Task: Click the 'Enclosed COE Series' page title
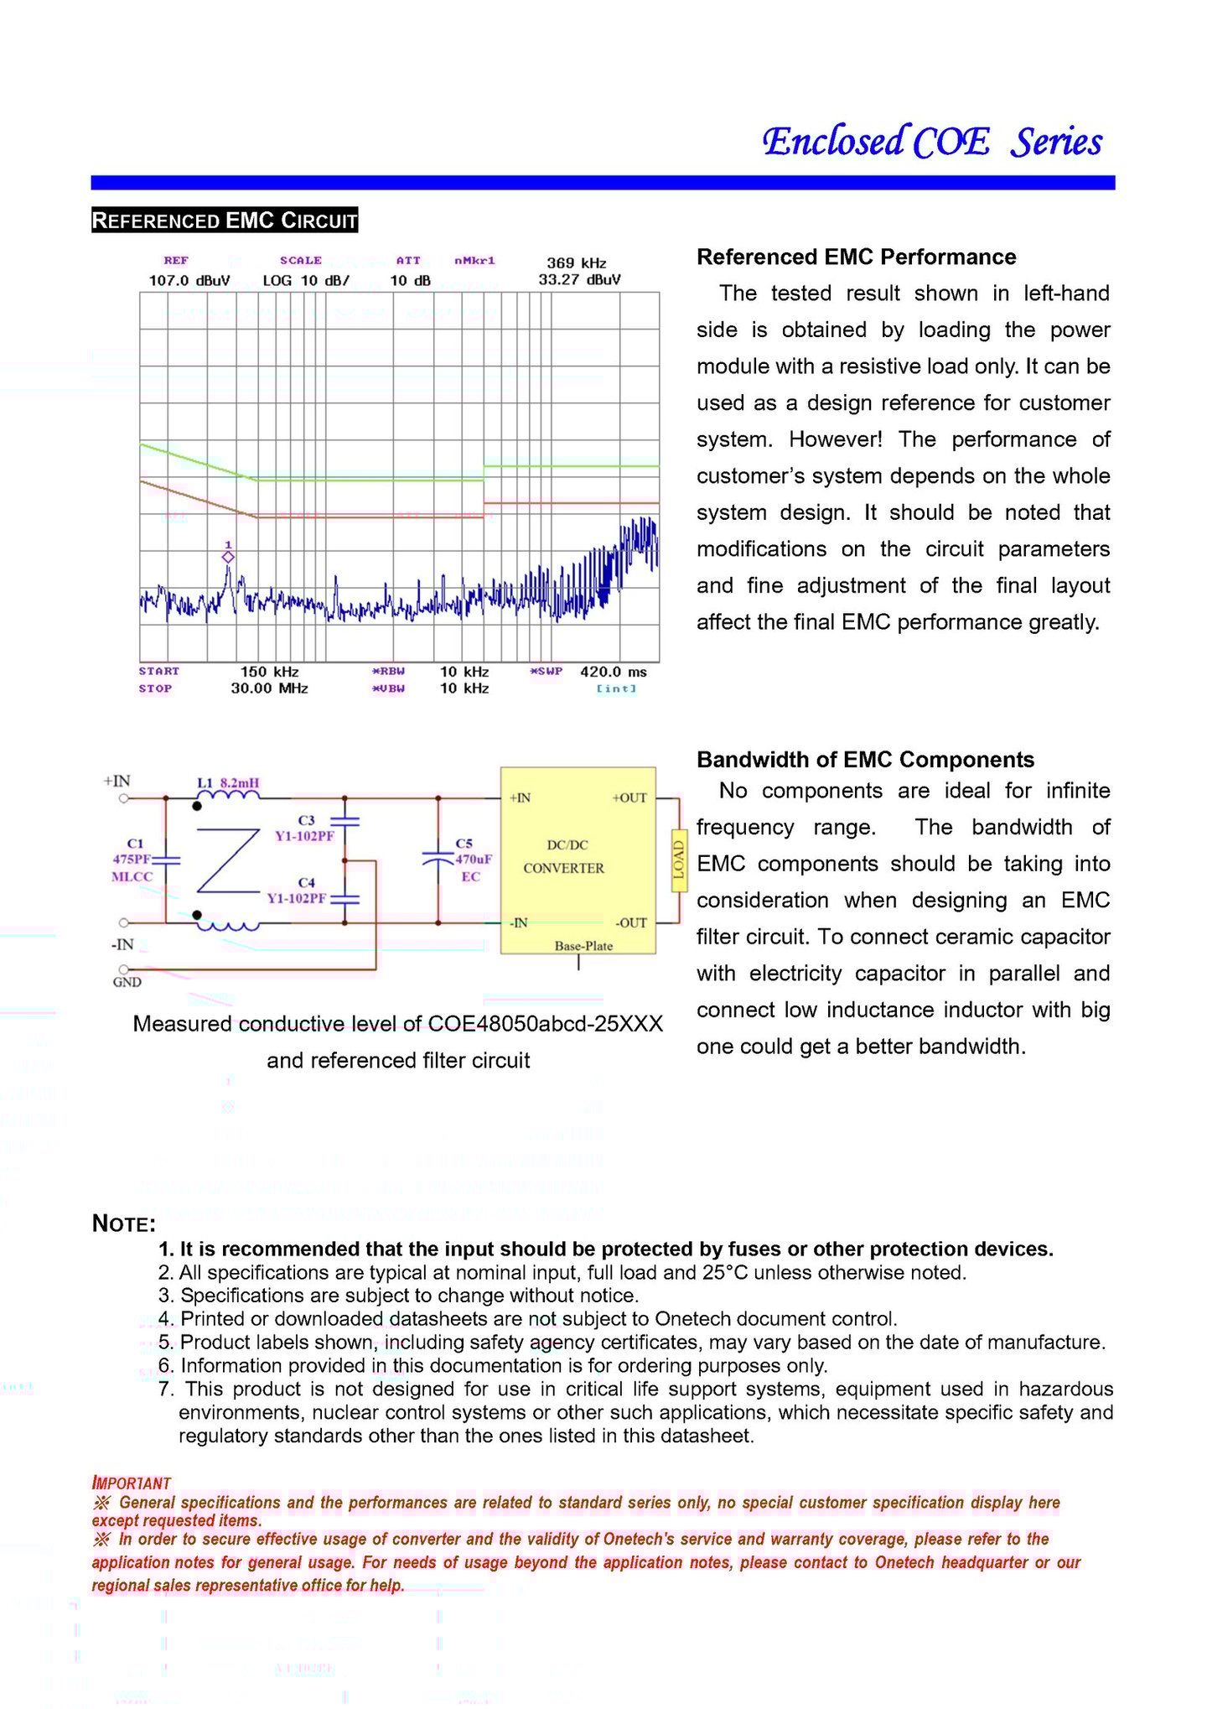coord(931,142)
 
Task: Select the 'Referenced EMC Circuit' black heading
coord(225,221)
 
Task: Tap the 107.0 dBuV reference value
coord(189,280)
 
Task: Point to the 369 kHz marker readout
coord(577,263)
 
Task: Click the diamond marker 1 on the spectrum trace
coord(228,557)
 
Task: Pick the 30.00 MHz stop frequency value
coord(269,688)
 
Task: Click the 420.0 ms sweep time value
coord(613,672)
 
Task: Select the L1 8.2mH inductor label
coord(228,783)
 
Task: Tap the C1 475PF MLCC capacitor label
coord(132,860)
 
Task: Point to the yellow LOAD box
coord(678,859)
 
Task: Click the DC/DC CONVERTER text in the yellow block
coord(564,856)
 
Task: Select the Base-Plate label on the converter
coord(583,946)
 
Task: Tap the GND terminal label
coord(127,982)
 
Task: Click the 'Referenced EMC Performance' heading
coord(856,257)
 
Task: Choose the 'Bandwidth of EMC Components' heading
coord(865,760)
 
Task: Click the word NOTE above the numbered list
coord(124,1223)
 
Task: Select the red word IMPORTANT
coord(132,1483)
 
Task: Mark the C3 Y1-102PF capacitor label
coord(305,828)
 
